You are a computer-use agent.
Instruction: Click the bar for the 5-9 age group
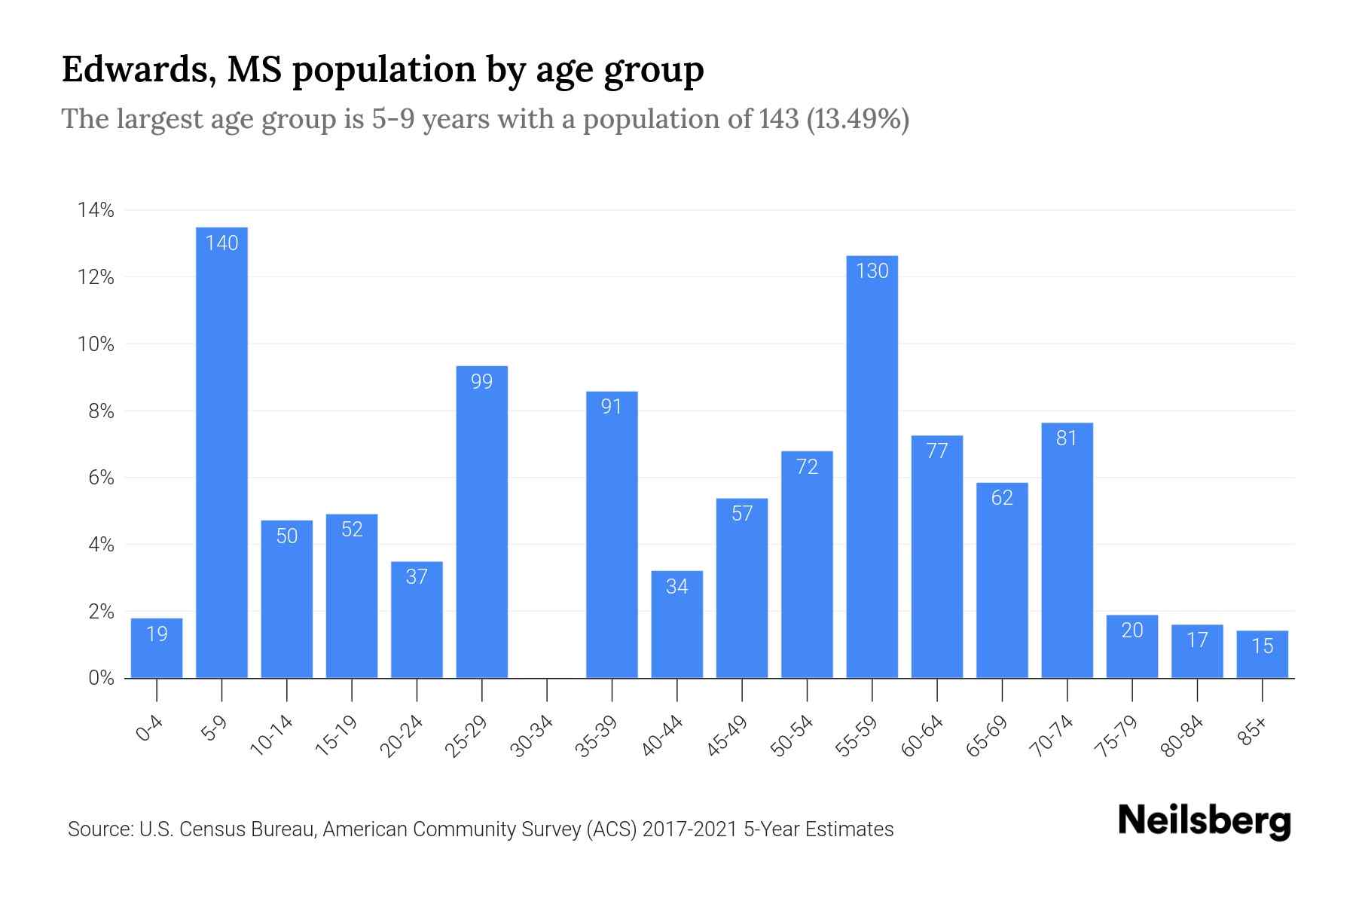tap(221, 452)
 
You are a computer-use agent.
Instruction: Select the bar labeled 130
tap(872, 467)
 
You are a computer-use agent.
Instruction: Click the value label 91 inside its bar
tap(611, 407)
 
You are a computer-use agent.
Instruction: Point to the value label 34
tap(676, 586)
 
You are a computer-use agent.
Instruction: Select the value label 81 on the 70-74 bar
tap(1067, 438)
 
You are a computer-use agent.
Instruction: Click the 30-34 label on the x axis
tap(532, 736)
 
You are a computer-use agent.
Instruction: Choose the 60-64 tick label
tap(922, 736)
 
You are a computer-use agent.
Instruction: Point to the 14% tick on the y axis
tap(96, 210)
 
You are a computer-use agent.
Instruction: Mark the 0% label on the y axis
tap(101, 678)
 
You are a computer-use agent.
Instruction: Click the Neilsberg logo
tap(1204, 821)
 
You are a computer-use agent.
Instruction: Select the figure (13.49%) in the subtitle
tap(857, 119)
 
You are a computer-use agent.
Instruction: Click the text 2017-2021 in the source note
tap(689, 829)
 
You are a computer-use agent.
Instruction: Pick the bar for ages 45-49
tap(741, 588)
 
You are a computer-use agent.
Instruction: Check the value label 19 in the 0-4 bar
tap(157, 634)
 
